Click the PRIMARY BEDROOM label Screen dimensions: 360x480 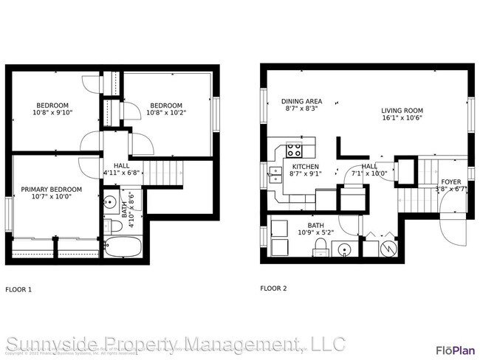(51, 190)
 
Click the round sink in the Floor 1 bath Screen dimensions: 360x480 (109, 200)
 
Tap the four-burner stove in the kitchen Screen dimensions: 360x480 (294, 151)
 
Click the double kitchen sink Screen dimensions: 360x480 (275, 175)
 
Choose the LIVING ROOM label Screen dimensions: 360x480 (402, 111)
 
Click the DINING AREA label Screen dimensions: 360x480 (301, 101)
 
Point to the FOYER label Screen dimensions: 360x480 (451, 181)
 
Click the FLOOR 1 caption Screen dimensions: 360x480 (18, 289)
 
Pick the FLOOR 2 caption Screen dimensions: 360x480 (273, 288)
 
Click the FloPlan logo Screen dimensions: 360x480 (454, 350)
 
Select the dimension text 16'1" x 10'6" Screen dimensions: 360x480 (402, 120)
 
